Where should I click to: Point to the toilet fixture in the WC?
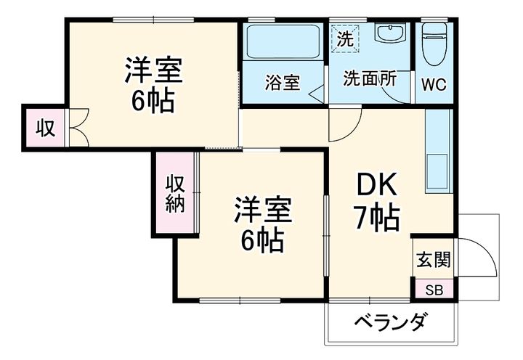(434, 44)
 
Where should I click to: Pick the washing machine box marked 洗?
(346, 36)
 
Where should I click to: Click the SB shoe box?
(433, 290)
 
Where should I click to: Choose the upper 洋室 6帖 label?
(153, 86)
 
